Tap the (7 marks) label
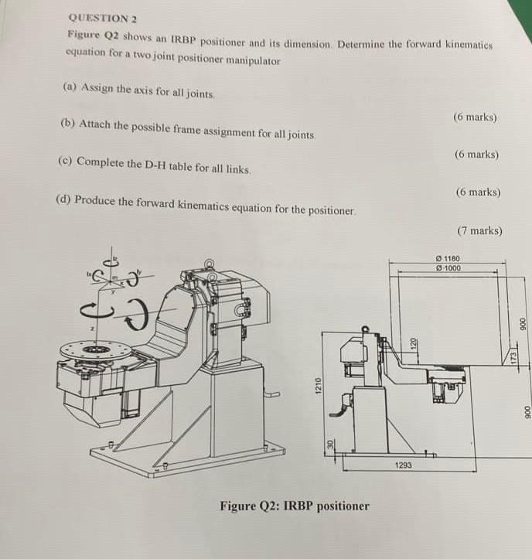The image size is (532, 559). (479, 230)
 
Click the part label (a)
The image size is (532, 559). (69, 89)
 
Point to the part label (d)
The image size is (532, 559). (64, 200)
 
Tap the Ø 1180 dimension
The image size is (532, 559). (448, 259)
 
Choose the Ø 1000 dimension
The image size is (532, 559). (448, 268)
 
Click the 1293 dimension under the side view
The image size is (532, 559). (404, 465)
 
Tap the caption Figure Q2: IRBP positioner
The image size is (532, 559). (295, 506)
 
